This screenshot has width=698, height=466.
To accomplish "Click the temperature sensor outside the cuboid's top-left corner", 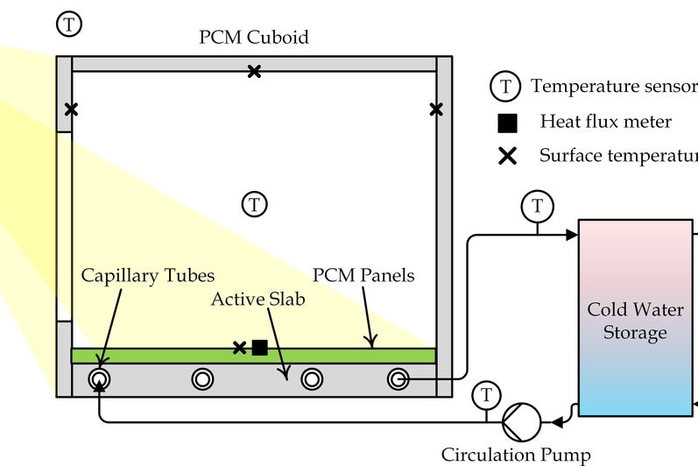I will pyautogui.click(x=68, y=24).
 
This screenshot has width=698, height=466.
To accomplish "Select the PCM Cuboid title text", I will pyautogui.click(x=253, y=38).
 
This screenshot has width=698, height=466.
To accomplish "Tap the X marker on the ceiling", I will pyautogui.click(x=254, y=71).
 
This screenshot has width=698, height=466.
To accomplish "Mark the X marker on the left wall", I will pyautogui.click(x=71, y=109).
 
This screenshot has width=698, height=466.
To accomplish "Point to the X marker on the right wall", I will pyautogui.click(x=436, y=109).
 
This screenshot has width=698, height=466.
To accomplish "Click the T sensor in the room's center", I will pyautogui.click(x=254, y=204).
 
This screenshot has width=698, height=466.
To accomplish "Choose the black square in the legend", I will pyautogui.click(x=507, y=123).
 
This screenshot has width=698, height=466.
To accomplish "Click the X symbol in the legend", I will pyautogui.click(x=507, y=157).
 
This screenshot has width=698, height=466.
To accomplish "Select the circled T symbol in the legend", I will pyautogui.click(x=505, y=87).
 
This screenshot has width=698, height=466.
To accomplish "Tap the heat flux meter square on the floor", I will pyautogui.click(x=259, y=348).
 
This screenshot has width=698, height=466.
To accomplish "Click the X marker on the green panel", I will pyautogui.click(x=239, y=348).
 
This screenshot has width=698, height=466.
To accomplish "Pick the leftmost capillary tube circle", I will pyautogui.click(x=100, y=378).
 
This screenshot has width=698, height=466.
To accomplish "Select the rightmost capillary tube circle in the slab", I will pyautogui.click(x=398, y=378).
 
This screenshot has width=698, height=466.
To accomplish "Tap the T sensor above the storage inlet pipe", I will pyautogui.click(x=537, y=207).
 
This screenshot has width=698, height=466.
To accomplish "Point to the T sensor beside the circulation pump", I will pyautogui.click(x=484, y=394).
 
